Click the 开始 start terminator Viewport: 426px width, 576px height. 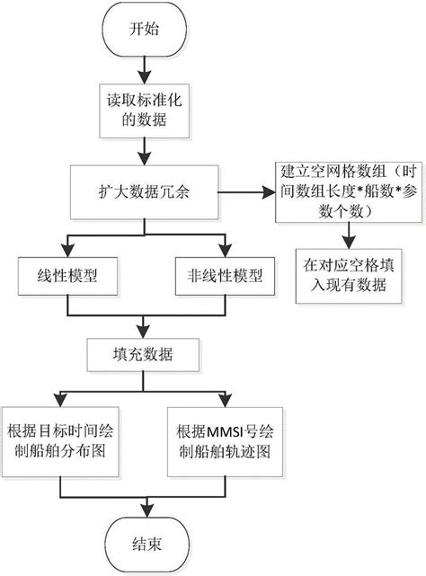point(144,29)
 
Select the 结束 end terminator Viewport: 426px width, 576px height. point(144,542)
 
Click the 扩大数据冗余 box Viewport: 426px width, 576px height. point(143,192)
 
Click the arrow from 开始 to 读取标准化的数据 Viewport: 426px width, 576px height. point(144,66)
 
